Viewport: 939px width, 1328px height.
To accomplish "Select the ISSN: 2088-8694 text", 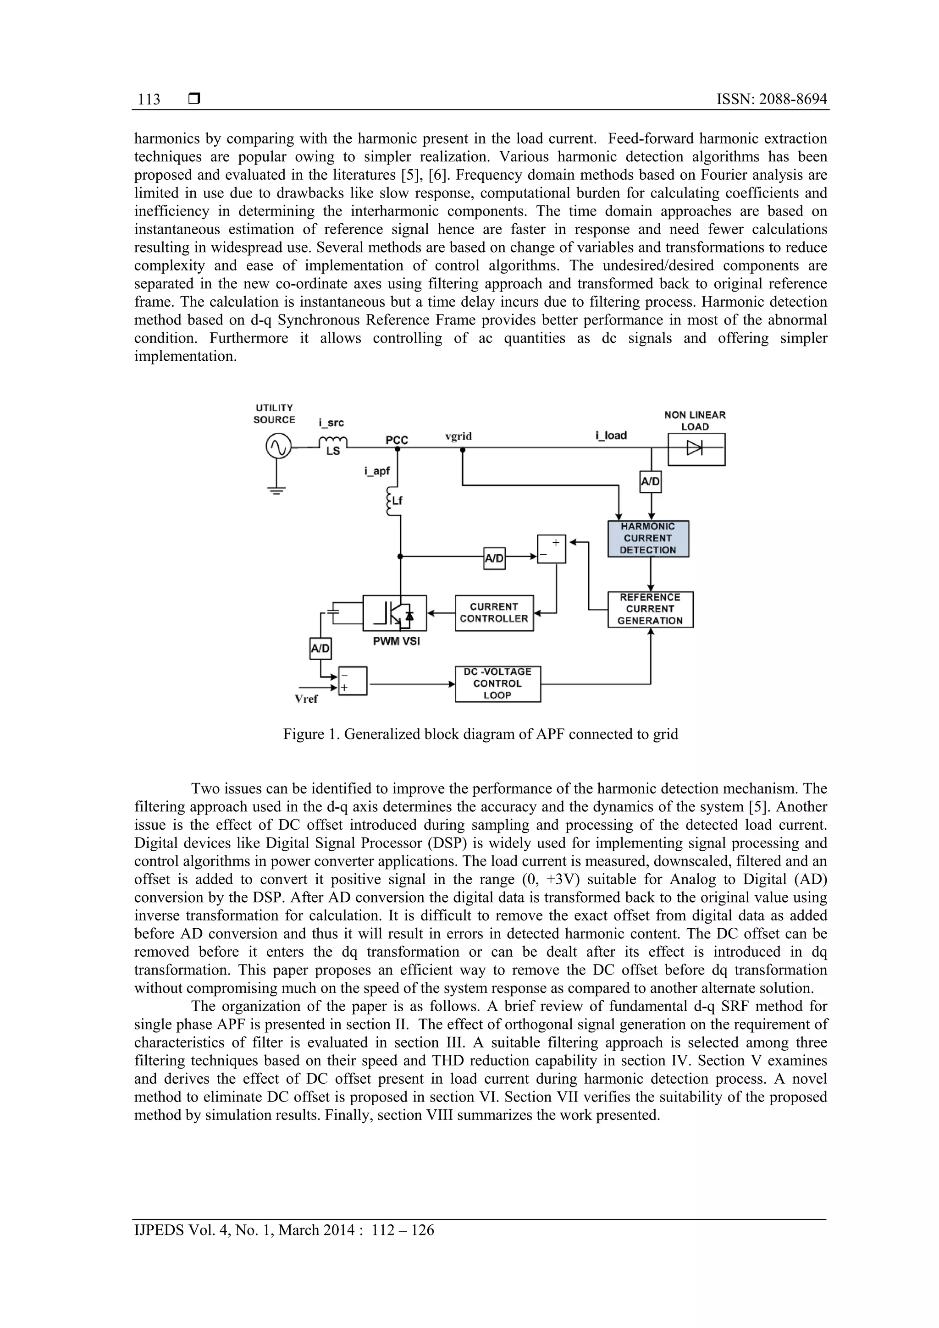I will click(x=771, y=99).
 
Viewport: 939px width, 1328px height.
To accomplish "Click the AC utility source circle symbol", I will click(x=277, y=447).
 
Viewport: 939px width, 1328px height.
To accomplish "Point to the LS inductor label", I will click(x=333, y=452).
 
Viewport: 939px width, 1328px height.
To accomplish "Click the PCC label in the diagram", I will click(x=397, y=440).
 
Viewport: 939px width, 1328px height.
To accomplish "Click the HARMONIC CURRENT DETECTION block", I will click(x=647, y=539).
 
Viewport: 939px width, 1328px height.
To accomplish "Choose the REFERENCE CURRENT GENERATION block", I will click(x=650, y=609).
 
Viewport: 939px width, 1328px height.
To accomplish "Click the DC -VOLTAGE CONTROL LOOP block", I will click(x=497, y=683).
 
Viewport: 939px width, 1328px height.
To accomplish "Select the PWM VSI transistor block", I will click(x=395, y=613).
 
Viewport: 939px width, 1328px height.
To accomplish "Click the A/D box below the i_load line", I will click(x=650, y=481).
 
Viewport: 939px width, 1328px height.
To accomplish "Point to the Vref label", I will click(x=306, y=699).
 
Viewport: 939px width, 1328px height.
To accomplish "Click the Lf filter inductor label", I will click(x=397, y=501).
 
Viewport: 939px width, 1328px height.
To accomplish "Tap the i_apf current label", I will click(x=377, y=471).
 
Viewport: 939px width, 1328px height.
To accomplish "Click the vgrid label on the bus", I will click(x=458, y=436).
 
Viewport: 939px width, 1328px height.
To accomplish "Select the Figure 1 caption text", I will click(x=480, y=734).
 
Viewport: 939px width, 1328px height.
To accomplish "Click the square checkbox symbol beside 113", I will click(x=194, y=99).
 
